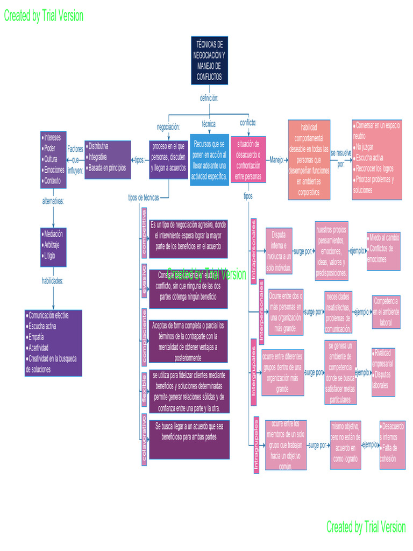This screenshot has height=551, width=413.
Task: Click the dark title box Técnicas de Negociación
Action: click(209, 60)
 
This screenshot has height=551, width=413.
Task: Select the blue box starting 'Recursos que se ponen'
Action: click(209, 160)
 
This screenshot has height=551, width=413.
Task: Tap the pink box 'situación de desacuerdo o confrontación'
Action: click(248, 160)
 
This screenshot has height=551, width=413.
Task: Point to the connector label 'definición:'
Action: click(209, 97)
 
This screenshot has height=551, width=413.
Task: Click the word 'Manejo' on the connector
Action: click(276, 160)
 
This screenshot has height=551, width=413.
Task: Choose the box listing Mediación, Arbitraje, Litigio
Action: click(53, 247)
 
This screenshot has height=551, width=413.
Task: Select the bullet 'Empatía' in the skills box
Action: click(38, 337)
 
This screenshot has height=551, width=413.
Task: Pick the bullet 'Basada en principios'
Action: click(107, 168)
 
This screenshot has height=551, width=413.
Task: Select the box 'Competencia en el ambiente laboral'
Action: click(386, 312)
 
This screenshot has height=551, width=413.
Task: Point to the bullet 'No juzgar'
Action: click(366, 146)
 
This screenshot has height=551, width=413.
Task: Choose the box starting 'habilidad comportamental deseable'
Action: click(309, 160)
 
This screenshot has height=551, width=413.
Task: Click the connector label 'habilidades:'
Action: click(53, 280)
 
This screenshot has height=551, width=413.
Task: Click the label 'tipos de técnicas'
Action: click(143, 197)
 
